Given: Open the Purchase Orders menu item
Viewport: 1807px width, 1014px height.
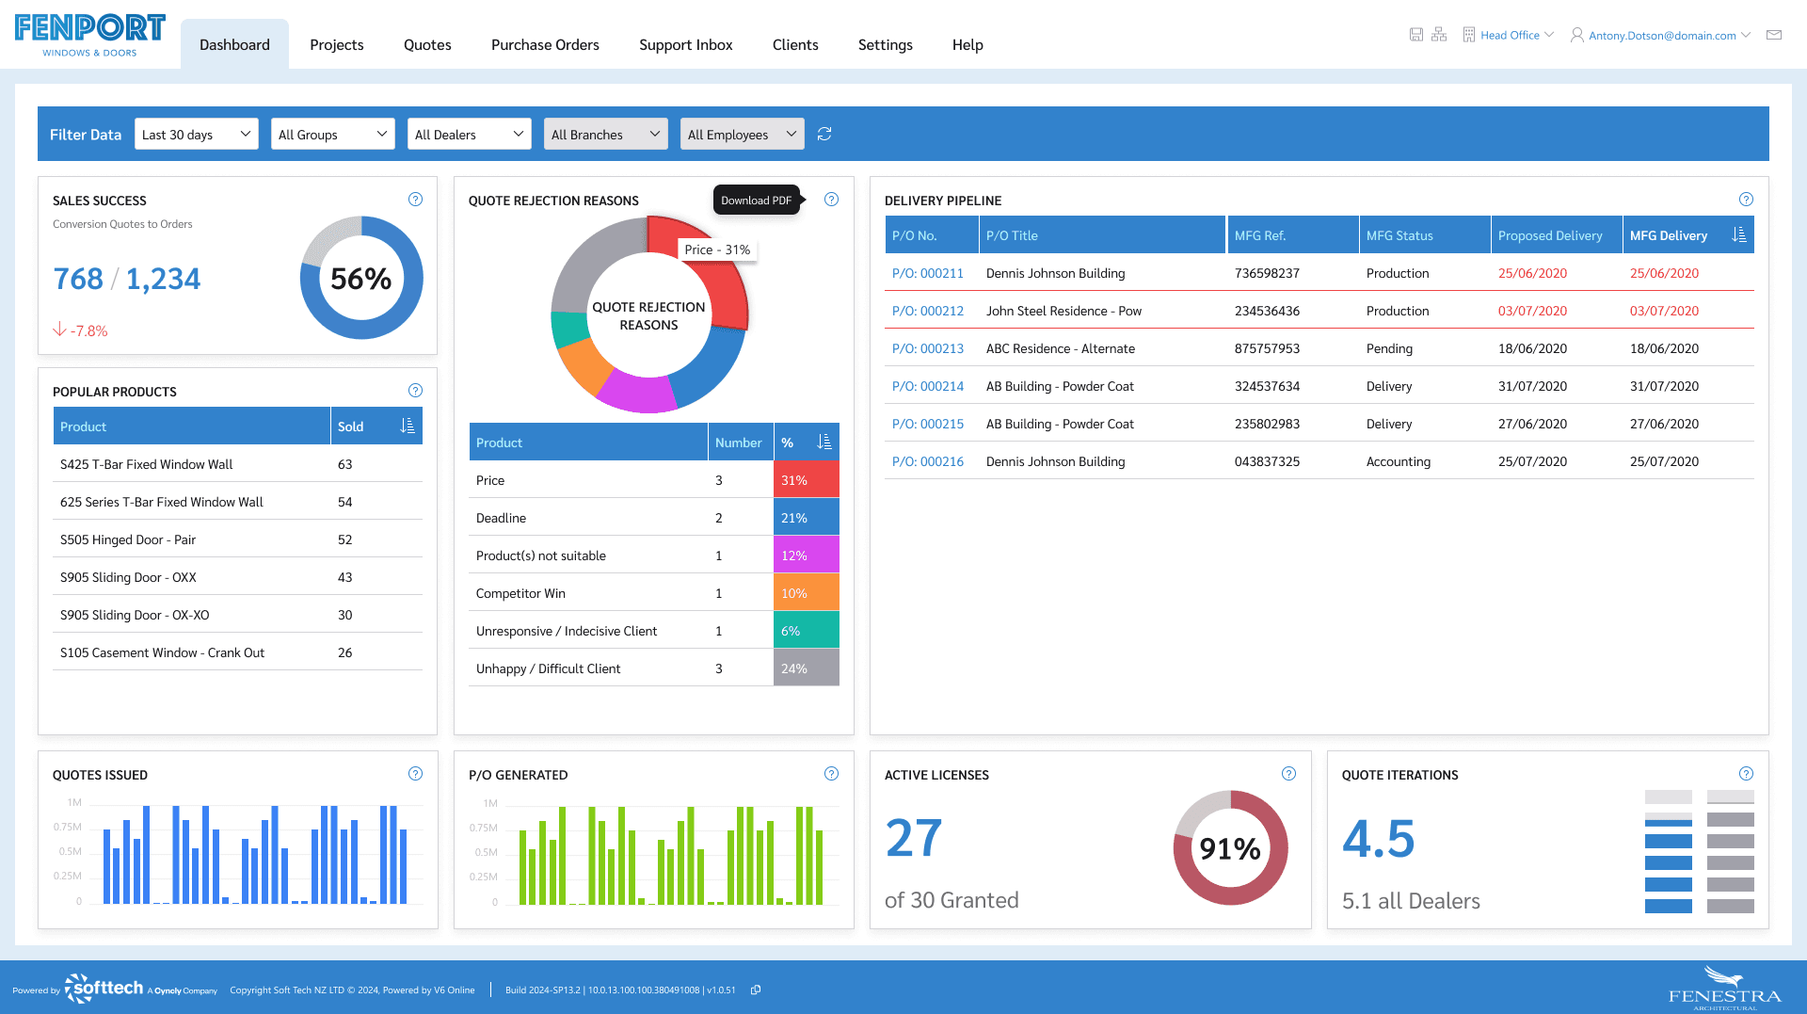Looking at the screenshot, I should click(x=545, y=44).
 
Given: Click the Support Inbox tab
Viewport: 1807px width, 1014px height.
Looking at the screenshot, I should click(x=685, y=44).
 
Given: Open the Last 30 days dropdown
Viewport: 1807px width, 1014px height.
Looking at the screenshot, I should click(x=196, y=135).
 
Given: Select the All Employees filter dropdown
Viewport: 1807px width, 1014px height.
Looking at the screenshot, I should click(x=741, y=135).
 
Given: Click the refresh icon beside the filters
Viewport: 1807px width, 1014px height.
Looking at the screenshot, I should click(x=824, y=135).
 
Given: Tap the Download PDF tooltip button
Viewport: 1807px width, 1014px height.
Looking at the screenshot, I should click(x=756, y=201).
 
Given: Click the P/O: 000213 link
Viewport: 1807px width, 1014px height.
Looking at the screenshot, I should click(x=927, y=348).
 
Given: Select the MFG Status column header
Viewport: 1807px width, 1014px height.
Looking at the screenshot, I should click(x=1399, y=235).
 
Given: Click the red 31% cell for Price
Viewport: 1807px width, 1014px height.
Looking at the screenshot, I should click(x=806, y=480).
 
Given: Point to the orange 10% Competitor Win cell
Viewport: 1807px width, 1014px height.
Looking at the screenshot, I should click(x=806, y=593).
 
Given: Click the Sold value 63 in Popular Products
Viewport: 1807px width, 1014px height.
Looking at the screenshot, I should click(x=345, y=464).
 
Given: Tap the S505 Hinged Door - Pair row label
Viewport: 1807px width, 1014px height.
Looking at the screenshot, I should click(x=128, y=539).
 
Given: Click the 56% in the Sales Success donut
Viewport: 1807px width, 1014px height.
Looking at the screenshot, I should click(x=360, y=279).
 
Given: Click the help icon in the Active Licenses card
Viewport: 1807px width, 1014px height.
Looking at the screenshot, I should click(x=1288, y=774).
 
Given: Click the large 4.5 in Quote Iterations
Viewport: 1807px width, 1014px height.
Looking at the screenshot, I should click(x=1378, y=838).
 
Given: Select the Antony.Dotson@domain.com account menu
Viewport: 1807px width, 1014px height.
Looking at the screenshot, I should click(x=1661, y=36).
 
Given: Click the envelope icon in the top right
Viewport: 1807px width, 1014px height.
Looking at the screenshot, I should click(x=1774, y=35).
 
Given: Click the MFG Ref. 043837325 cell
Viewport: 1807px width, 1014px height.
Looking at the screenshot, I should click(x=1267, y=461).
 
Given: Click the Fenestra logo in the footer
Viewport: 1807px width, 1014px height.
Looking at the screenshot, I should click(x=1724, y=989).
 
